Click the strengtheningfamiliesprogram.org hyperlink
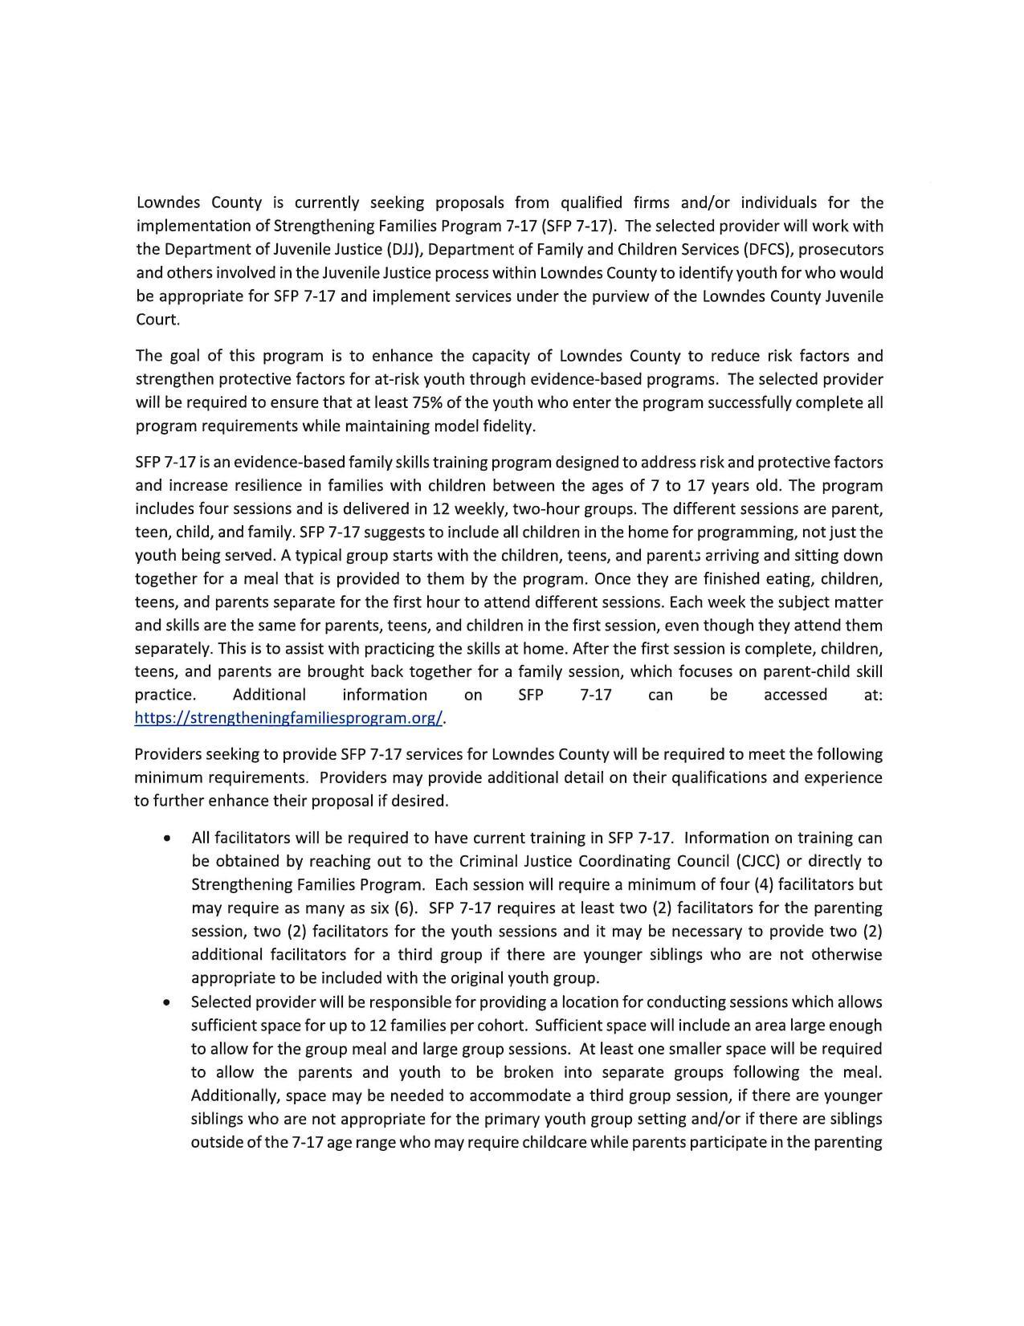288,718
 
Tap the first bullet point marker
166,838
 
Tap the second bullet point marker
166,1002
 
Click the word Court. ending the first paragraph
157,320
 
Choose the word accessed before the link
795,695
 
